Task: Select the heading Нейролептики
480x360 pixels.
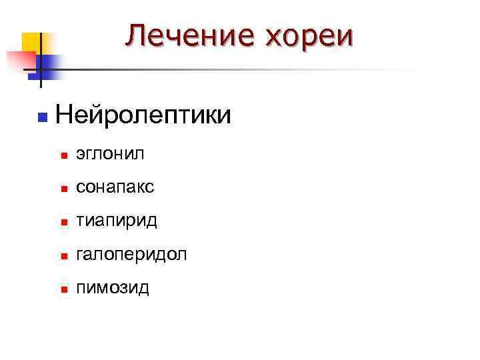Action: pyautogui.click(x=144, y=115)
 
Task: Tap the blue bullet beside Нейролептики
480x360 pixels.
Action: pyautogui.click(x=41, y=117)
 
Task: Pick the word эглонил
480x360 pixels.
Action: pyautogui.click(x=109, y=155)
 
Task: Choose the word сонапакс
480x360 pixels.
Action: pyautogui.click(x=115, y=188)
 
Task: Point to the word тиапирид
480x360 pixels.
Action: pyautogui.click(x=116, y=221)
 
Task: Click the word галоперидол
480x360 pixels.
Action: pyautogui.click(x=131, y=255)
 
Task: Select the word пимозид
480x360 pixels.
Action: pyautogui.click(x=113, y=288)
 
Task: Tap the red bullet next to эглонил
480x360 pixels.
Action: pyautogui.click(x=63, y=156)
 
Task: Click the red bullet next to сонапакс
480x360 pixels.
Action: pyautogui.click(x=63, y=189)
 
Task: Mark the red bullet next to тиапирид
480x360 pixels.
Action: pyautogui.click(x=63, y=223)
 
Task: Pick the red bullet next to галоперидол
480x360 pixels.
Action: pyautogui.click(x=63, y=256)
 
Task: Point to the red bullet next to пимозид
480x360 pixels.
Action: pyautogui.click(x=63, y=289)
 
